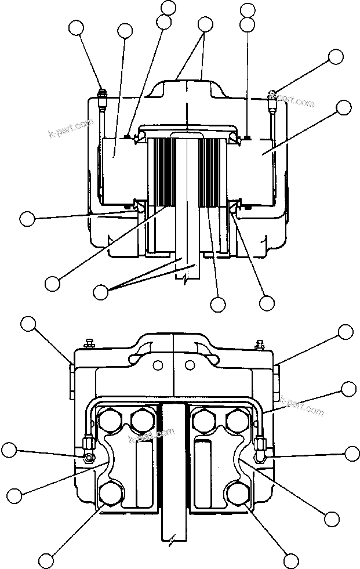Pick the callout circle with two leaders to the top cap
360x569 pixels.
coord(205,24)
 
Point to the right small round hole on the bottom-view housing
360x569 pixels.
coord(190,365)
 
